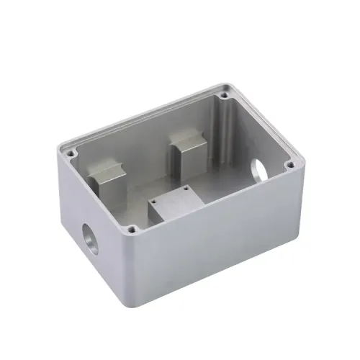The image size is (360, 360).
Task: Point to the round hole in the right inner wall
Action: click(258, 171)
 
